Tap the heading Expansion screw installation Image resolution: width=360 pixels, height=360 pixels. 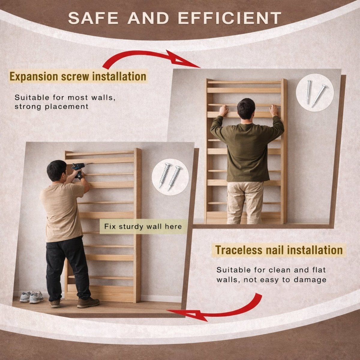point(78,76)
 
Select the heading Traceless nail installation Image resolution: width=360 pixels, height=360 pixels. point(279,250)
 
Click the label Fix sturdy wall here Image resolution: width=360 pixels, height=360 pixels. point(143,226)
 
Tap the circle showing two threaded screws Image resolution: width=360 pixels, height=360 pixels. point(170,177)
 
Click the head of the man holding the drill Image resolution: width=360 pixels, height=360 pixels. point(57,170)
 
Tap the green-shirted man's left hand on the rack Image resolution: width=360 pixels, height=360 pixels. point(223,110)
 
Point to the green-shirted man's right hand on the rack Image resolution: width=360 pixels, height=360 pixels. point(274,110)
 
